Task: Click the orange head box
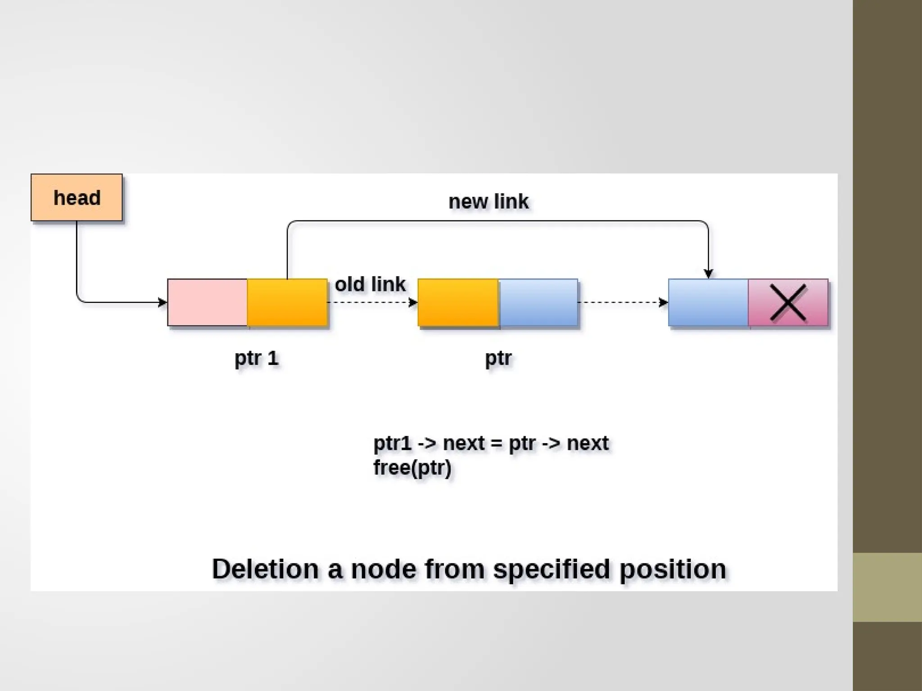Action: (x=77, y=197)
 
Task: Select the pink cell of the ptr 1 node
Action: (x=207, y=302)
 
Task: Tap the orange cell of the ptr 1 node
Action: (x=287, y=302)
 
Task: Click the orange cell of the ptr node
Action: (x=458, y=302)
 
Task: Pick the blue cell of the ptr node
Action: (x=538, y=302)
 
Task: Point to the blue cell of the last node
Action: (x=708, y=302)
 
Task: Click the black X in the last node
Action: (x=788, y=302)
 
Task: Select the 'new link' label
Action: (x=488, y=202)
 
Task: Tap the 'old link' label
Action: (x=370, y=284)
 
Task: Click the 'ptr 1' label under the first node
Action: (x=257, y=359)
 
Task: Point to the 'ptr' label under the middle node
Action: (x=498, y=359)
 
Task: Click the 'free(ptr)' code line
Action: (x=412, y=467)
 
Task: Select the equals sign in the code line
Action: (x=496, y=444)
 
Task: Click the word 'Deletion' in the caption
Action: (x=266, y=569)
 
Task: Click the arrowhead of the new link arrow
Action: (x=708, y=274)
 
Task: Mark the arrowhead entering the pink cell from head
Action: (x=163, y=302)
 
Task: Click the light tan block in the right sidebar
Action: (x=887, y=587)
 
